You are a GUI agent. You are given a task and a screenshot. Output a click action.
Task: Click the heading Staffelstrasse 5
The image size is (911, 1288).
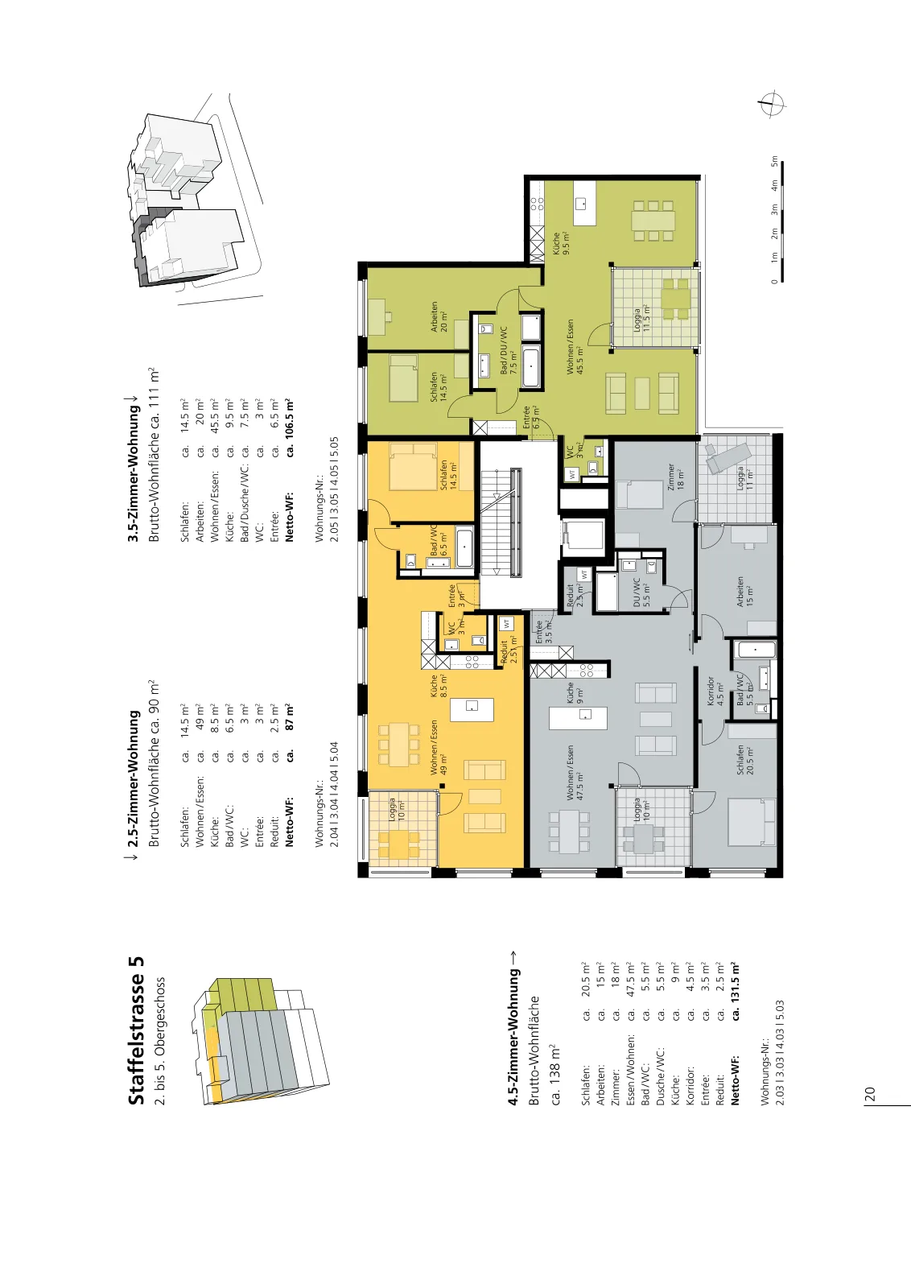(136, 1030)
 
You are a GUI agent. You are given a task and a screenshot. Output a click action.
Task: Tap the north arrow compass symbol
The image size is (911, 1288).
(771, 105)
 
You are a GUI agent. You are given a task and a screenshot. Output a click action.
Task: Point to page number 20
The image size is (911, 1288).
(870, 1094)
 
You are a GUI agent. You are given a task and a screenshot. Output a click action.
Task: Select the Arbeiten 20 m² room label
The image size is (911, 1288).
(439, 317)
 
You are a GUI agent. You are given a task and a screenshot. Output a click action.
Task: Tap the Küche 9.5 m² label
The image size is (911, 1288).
(561, 243)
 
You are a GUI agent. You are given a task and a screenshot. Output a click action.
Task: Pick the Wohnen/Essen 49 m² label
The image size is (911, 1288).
(439, 748)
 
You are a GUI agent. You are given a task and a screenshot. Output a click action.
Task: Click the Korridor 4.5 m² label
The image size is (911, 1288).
(715, 691)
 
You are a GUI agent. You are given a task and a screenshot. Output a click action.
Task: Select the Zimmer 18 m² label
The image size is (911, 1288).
(676, 476)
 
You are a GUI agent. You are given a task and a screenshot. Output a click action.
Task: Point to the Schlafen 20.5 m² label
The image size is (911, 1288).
(744, 760)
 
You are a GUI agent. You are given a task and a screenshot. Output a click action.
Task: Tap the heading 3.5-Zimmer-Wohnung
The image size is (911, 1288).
(134, 473)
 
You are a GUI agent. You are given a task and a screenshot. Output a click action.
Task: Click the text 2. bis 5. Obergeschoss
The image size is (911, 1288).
(160, 1042)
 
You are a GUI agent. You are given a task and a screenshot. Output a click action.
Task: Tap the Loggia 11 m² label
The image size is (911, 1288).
(745, 477)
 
